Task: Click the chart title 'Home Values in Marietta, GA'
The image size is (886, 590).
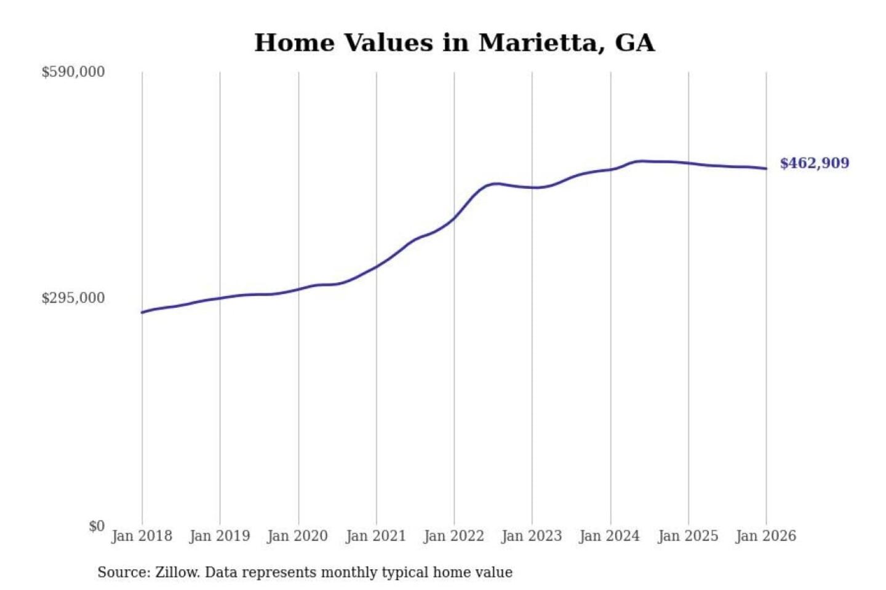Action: (x=454, y=43)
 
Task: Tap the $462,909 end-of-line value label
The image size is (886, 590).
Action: (x=814, y=163)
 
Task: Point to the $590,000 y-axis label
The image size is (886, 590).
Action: (x=73, y=72)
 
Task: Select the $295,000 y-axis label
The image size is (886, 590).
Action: (x=73, y=298)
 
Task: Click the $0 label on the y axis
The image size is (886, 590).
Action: (x=97, y=526)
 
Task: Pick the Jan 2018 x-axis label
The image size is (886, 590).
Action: (x=142, y=536)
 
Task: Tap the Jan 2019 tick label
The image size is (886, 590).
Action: (x=220, y=536)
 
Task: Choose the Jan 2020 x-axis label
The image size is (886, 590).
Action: (x=298, y=536)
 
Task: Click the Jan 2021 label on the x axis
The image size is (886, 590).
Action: (x=376, y=536)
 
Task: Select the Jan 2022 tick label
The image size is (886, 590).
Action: (x=454, y=536)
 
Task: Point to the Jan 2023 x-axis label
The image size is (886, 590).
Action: (x=532, y=536)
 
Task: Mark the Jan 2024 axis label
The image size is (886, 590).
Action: (x=610, y=536)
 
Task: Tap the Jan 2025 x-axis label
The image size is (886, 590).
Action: (x=688, y=536)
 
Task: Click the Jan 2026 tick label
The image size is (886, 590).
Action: (x=766, y=536)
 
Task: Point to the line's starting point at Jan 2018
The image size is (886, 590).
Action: (x=142, y=312)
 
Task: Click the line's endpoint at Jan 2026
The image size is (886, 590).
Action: (x=766, y=168)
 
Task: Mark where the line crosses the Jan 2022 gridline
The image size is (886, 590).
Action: (x=455, y=218)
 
